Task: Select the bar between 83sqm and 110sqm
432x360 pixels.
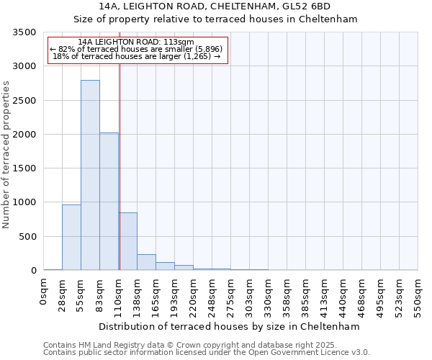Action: [x=109, y=202]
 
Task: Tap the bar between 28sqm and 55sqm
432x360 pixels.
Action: [x=71, y=237]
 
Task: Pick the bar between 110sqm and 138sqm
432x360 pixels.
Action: [x=127, y=241]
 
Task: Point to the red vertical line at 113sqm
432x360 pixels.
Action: [x=120, y=166]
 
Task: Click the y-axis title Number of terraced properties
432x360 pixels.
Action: [x=6, y=155]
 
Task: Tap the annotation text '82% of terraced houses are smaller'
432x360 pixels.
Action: [x=137, y=49]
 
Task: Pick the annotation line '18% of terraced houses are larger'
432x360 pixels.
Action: [x=137, y=56]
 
